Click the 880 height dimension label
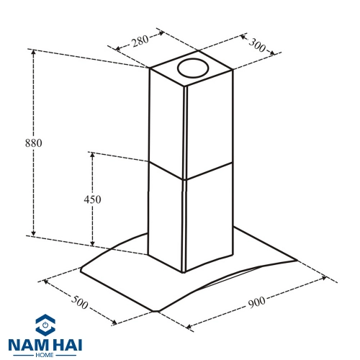tap(34, 143)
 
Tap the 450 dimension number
tap(92, 199)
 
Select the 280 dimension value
tap(140, 41)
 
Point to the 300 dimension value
tap(257, 45)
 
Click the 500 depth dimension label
tap(80, 302)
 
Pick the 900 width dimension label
tap(256, 302)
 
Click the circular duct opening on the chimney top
tap(193, 68)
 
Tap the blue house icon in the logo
tap(45, 324)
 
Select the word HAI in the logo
tap(67, 345)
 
